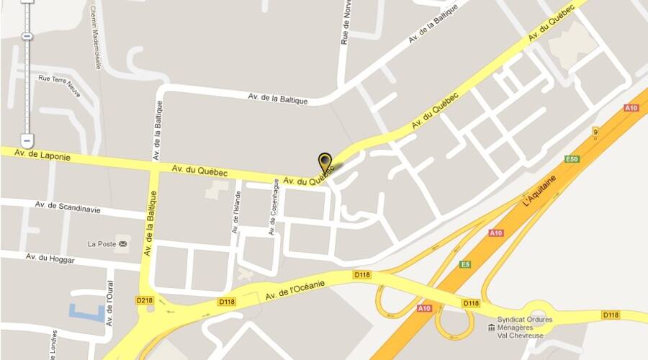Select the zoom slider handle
tap(27, 36)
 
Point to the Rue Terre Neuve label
tap(58, 80)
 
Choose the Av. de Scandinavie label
tap(68, 208)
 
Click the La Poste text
tap(102, 244)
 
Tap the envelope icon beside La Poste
tap(123, 244)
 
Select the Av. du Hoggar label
tap(50, 258)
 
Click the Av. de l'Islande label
tap(235, 212)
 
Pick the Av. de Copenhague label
tap(273, 207)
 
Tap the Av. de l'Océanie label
tap(295, 290)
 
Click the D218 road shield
tap(144, 300)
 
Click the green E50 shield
tap(572, 158)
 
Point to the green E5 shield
tap(465, 264)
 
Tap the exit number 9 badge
tap(595, 132)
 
